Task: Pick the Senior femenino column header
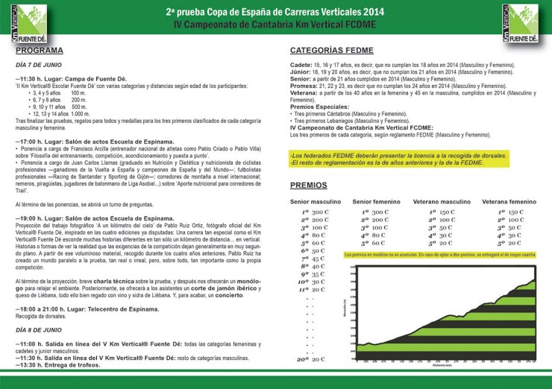377,201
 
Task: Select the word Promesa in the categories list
304,86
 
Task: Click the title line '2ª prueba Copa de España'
276,13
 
